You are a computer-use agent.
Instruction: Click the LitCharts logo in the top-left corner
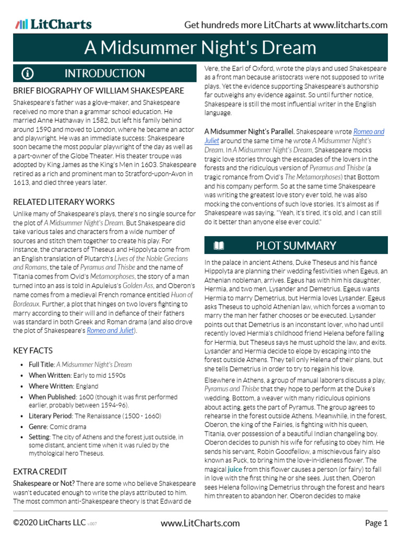pyautogui.click(x=53, y=24)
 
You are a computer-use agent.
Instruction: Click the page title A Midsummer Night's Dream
pyautogui.click(x=200, y=48)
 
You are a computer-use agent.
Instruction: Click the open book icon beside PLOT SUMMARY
pyautogui.click(x=219, y=246)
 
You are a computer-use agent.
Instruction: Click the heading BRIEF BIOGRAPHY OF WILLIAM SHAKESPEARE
pyautogui.click(x=98, y=91)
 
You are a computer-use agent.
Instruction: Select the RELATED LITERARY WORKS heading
pyautogui.click(x=64, y=202)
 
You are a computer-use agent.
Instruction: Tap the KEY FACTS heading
pyautogui.click(x=33, y=351)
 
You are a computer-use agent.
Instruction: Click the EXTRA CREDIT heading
pyautogui.click(x=39, y=471)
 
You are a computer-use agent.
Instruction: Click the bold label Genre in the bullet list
pyautogui.click(x=39, y=427)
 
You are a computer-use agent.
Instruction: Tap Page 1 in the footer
pyautogui.click(x=376, y=522)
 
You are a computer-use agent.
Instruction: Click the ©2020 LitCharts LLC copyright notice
pyautogui.click(x=50, y=522)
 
